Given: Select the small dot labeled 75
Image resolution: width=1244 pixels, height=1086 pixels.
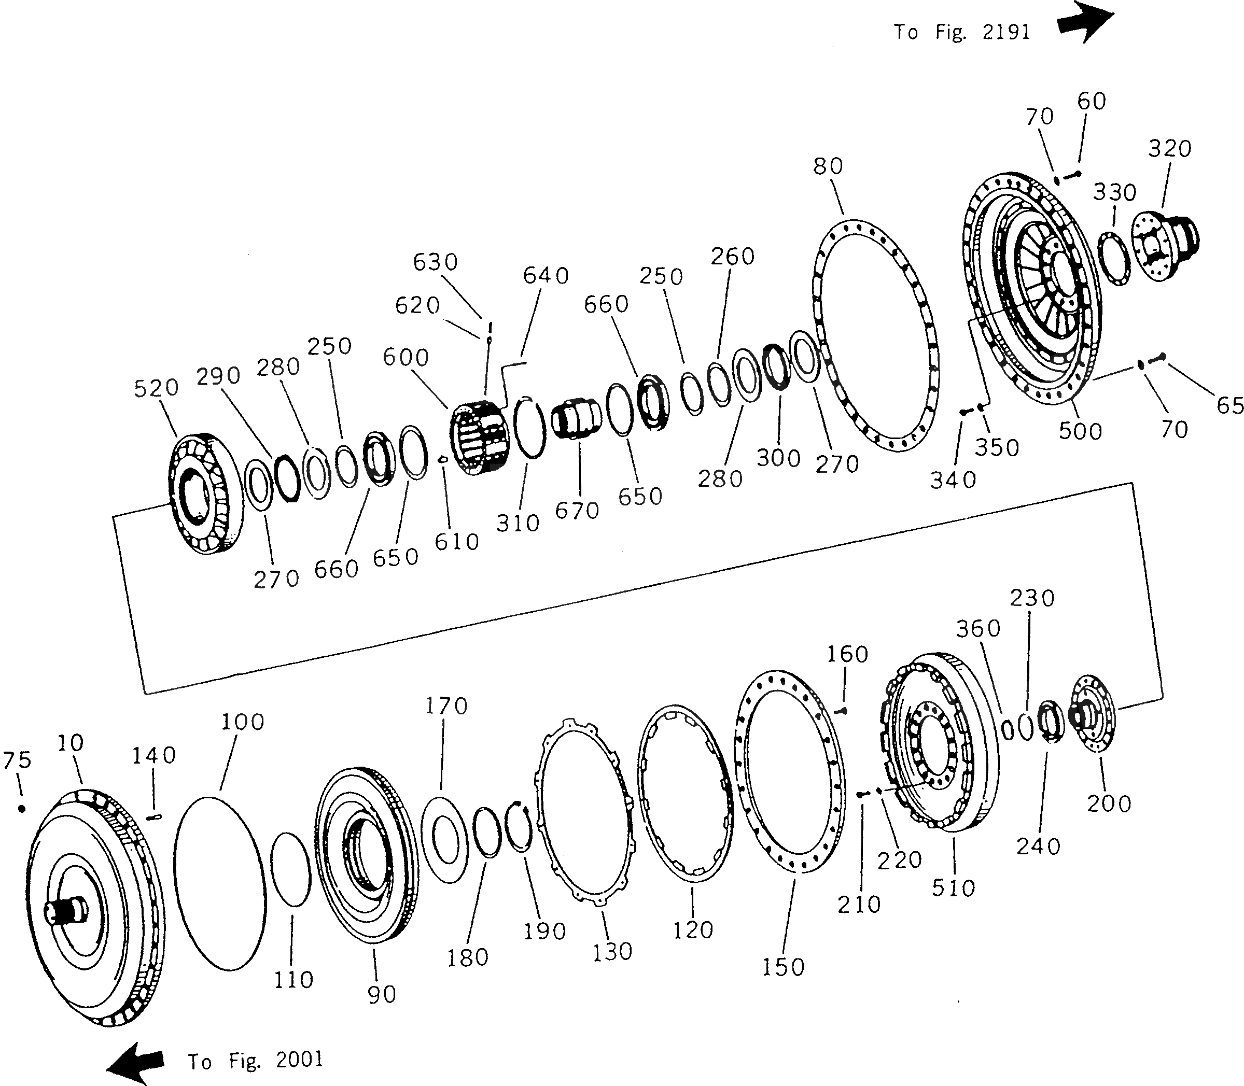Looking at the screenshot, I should pyautogui.click(x=22, y=809).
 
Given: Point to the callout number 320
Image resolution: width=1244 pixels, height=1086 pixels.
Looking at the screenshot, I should pyautogui.click(x=1169, y=148).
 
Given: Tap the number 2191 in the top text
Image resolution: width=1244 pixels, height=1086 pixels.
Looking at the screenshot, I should pyautogui.click(x=1007, y=32).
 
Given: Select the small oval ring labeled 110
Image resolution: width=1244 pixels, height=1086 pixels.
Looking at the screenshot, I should pyautogui.click(x=290, y=870).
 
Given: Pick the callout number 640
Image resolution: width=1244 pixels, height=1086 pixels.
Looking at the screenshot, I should pyautogui.click(x=546, y=276).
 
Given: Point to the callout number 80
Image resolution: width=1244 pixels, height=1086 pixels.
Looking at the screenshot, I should pyautogui.click(x=828, y=166).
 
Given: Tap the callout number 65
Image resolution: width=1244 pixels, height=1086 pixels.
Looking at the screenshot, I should pyautogui.click(x=1229, y=405).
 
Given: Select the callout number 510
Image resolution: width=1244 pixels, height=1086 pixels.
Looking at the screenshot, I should pyautogui.click(x=954, y=888).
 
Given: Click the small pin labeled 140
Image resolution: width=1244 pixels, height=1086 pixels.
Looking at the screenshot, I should pyautogui.click(x=154, y=817).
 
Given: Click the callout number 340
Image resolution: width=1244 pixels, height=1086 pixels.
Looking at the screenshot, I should pyautogui.click(x=953, y=480).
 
